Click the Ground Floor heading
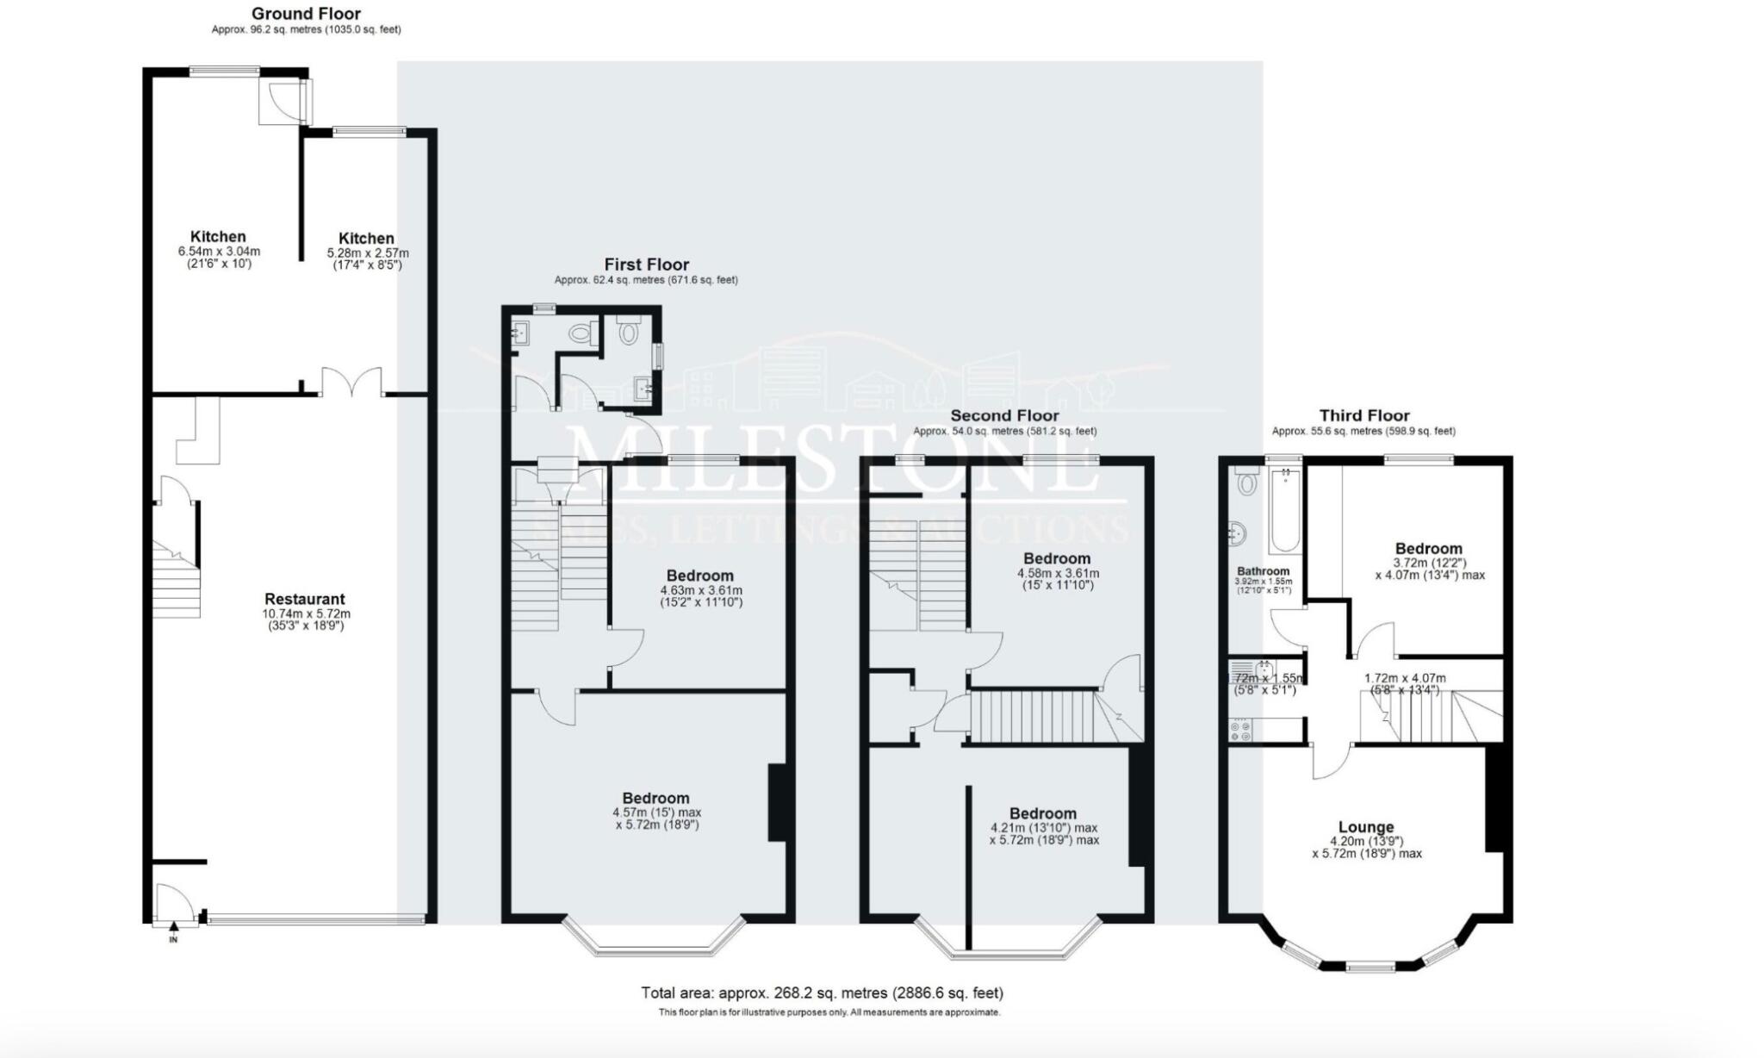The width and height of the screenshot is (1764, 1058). pos(306,14)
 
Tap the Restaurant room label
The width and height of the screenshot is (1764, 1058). pos(304,599)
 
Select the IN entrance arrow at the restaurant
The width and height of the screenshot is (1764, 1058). pos(173,928)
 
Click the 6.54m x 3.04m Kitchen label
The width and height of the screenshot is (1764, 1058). pos(218,237)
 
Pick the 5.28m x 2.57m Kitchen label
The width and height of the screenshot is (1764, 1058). pos(366,239)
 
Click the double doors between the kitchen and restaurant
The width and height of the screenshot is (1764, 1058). pos(351,383)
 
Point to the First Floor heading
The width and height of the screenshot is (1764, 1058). pos(646,264)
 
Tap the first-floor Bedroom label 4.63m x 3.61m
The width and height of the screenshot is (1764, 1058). pos(699,576)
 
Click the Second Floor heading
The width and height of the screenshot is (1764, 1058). pos(1004,415)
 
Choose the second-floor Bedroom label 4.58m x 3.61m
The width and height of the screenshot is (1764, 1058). pos(1057,558)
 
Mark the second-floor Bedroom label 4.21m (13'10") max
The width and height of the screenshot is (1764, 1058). pos(1043,813)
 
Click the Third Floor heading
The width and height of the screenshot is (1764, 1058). pos(1364,415)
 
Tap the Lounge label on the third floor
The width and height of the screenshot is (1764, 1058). pos(1366,827)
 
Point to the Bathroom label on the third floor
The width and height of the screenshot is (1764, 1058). pos(1263,571)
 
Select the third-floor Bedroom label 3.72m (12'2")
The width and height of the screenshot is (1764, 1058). pos(1429,549)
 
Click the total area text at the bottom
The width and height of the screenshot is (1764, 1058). pos(822,993)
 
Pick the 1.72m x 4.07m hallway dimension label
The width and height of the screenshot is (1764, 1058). pos(1405,678)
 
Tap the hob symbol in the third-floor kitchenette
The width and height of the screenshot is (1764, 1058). pos(1241,731)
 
